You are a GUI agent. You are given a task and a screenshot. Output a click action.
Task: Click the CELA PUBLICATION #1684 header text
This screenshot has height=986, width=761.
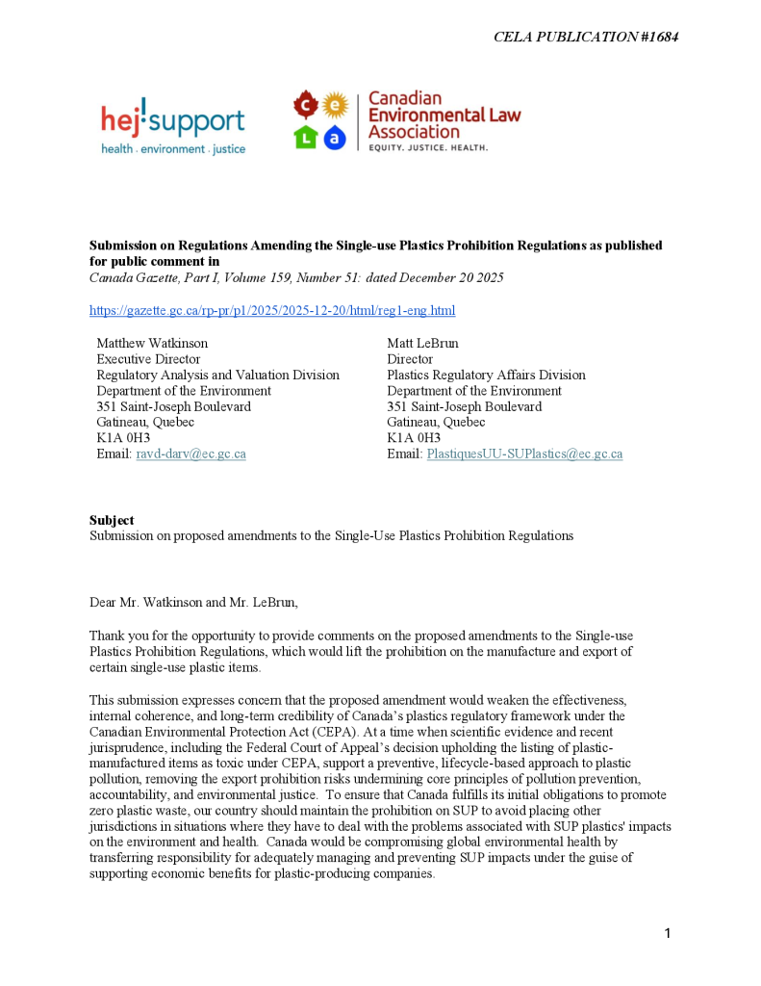[x=587, y=37]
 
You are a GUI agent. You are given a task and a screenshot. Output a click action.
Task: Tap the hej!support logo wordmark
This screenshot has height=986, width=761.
[x=173, y=120]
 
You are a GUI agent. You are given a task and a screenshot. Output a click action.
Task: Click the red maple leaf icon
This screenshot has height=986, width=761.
[x=305, y=104]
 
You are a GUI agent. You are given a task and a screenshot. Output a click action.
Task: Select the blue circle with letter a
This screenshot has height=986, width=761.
[x=334, y=138]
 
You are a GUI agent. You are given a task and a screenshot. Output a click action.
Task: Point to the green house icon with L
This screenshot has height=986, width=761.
[x=305, y=138]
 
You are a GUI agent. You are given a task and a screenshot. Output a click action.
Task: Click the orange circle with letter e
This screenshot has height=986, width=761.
[x=334, y=104]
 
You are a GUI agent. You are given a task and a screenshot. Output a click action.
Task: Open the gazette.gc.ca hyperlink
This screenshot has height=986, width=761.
[x=272, y=310]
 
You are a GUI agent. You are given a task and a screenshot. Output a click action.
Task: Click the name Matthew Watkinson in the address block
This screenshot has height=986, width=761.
[x=152, y=343]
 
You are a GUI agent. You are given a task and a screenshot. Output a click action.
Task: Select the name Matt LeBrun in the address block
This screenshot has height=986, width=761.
[x=423, y=343]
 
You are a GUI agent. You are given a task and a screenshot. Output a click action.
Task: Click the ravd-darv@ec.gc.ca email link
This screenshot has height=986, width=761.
[x=190, y=454]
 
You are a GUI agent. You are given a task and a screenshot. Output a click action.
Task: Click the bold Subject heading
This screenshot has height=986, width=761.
[x=112, y=520]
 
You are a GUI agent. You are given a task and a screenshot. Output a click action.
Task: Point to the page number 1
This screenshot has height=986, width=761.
[x=667, y=933]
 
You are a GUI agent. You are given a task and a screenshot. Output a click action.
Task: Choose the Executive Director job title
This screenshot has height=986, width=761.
[x=148, y=359]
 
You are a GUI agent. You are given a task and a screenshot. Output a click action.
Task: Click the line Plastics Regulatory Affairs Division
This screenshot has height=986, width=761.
[x=486, y=376]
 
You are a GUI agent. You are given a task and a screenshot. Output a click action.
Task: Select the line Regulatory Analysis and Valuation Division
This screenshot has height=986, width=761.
[x=217, y=376]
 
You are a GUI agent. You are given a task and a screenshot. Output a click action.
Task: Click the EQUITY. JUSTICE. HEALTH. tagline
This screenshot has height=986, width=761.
[x=429, y=148]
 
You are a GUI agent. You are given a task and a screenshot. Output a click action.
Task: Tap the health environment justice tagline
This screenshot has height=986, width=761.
[x=173, y=149]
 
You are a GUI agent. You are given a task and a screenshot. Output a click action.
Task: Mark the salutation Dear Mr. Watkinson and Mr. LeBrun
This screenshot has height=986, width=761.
[x=193, y=603]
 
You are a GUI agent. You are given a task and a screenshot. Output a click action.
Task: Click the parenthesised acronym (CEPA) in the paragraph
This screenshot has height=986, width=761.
[x=293, y=730]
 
